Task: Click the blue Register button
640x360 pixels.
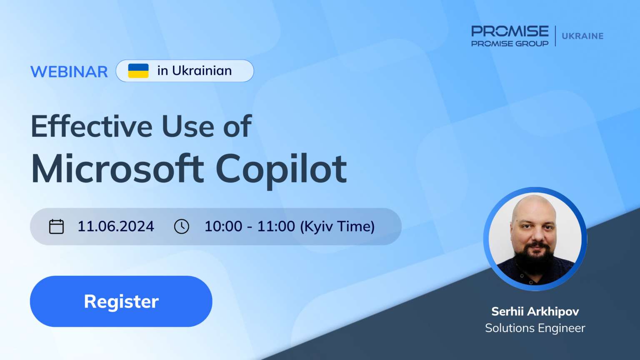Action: (121, 301)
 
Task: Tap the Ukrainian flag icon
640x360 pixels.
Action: (138, 70)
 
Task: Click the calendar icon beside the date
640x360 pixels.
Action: (56, 227)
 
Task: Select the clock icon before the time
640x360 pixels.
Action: (181, 227)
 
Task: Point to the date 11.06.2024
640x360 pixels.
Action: (116, 226)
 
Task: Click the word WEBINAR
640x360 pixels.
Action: (69, 71)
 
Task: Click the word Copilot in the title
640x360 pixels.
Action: (281, 170)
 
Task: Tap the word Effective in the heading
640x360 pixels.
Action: (92, 126)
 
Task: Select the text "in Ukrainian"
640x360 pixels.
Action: (195, 70)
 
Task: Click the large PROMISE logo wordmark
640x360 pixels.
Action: (510, 31)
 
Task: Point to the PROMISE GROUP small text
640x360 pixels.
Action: (510, 43)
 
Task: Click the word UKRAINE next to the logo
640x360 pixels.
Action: (582, 36)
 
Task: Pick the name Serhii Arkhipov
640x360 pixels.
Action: (535, 311)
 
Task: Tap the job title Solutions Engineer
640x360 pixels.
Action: (535, 328)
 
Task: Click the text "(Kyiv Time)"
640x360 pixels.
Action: (337, 227)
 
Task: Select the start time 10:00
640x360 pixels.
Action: (223, 226)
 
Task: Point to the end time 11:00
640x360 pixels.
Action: (276, 226)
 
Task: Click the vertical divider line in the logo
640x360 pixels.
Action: (555, 36)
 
